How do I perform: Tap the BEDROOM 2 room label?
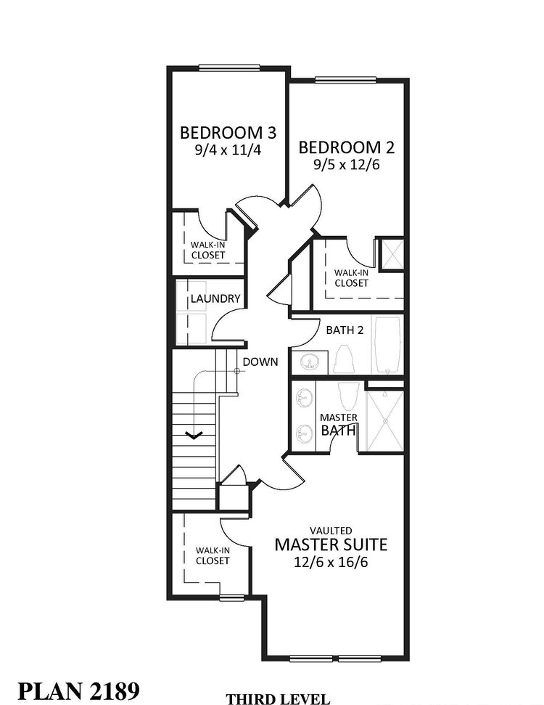tap(347, 148)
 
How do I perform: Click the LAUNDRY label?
tap(215, 298)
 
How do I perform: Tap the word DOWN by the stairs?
tap(260, 362)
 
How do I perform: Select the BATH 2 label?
tap(344, 330)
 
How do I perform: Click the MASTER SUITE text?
tap(330, 544)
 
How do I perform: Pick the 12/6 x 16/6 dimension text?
tap(330, 562)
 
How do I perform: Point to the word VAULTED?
tap(330, 530)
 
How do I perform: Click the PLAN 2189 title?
tap(70, 689)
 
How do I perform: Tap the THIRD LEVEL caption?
tap(278, 698)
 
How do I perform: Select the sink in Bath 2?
tap(310, 360)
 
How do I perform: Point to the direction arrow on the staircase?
tap(194, 436)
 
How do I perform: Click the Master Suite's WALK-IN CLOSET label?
tap(212, 555)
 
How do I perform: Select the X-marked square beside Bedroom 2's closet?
tap(392, 254)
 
